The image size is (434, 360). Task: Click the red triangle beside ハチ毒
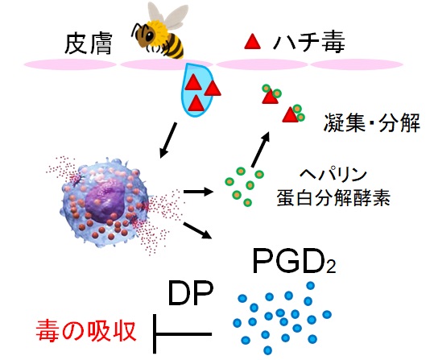pos(253,41)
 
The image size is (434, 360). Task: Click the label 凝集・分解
pos(372,126)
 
